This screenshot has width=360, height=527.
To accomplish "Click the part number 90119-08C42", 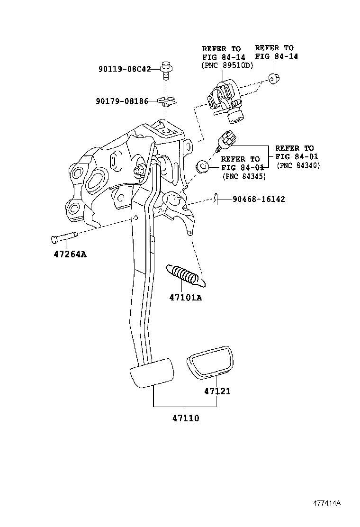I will pyautogui.click(x=125, y=69).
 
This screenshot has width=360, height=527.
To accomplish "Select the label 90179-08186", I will pyautogui.click(x=122, y=101).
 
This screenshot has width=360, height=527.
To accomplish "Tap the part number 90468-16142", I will pyautogui.click(x=259, y=199).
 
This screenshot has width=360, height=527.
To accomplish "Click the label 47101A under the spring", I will pyautogui.click(x=185, y=298).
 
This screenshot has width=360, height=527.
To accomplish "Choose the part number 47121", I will pyautogui.click(x=217, y=391).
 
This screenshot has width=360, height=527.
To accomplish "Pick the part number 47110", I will pyautogui.click(x=185, y=418).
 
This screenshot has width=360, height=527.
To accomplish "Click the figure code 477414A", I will pyautogui.click(x=326, y=503).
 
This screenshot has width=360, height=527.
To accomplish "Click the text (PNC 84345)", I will pyautogui.click(x=243, y=176).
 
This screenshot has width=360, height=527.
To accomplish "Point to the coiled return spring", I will pyautogui.click(x=186, y=275).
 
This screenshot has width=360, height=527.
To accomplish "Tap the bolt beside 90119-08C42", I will pyautogui.click(x=165, y=71).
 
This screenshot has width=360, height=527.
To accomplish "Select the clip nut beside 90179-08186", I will pyautogui.click(x=165, y=100).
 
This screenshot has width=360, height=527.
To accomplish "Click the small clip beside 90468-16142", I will pyautogui.click(x=216, y=199).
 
